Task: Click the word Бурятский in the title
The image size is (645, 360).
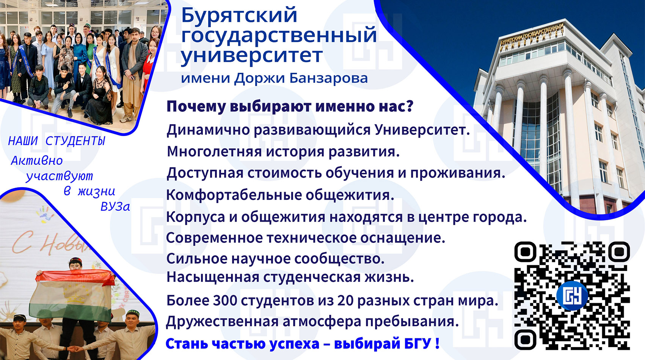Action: (x=239, y=16)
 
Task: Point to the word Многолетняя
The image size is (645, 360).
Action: (x=214, y=152)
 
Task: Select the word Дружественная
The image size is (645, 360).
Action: (x=222, y=322)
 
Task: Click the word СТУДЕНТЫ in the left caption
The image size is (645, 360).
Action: (x=75, y=141)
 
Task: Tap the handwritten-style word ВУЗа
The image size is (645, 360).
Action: (x=115, y=207)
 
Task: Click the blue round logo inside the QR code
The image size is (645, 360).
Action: (x=571, y=296)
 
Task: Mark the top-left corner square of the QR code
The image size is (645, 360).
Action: (x=526, y=252)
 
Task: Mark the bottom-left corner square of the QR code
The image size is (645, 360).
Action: (x=526, y=340)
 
